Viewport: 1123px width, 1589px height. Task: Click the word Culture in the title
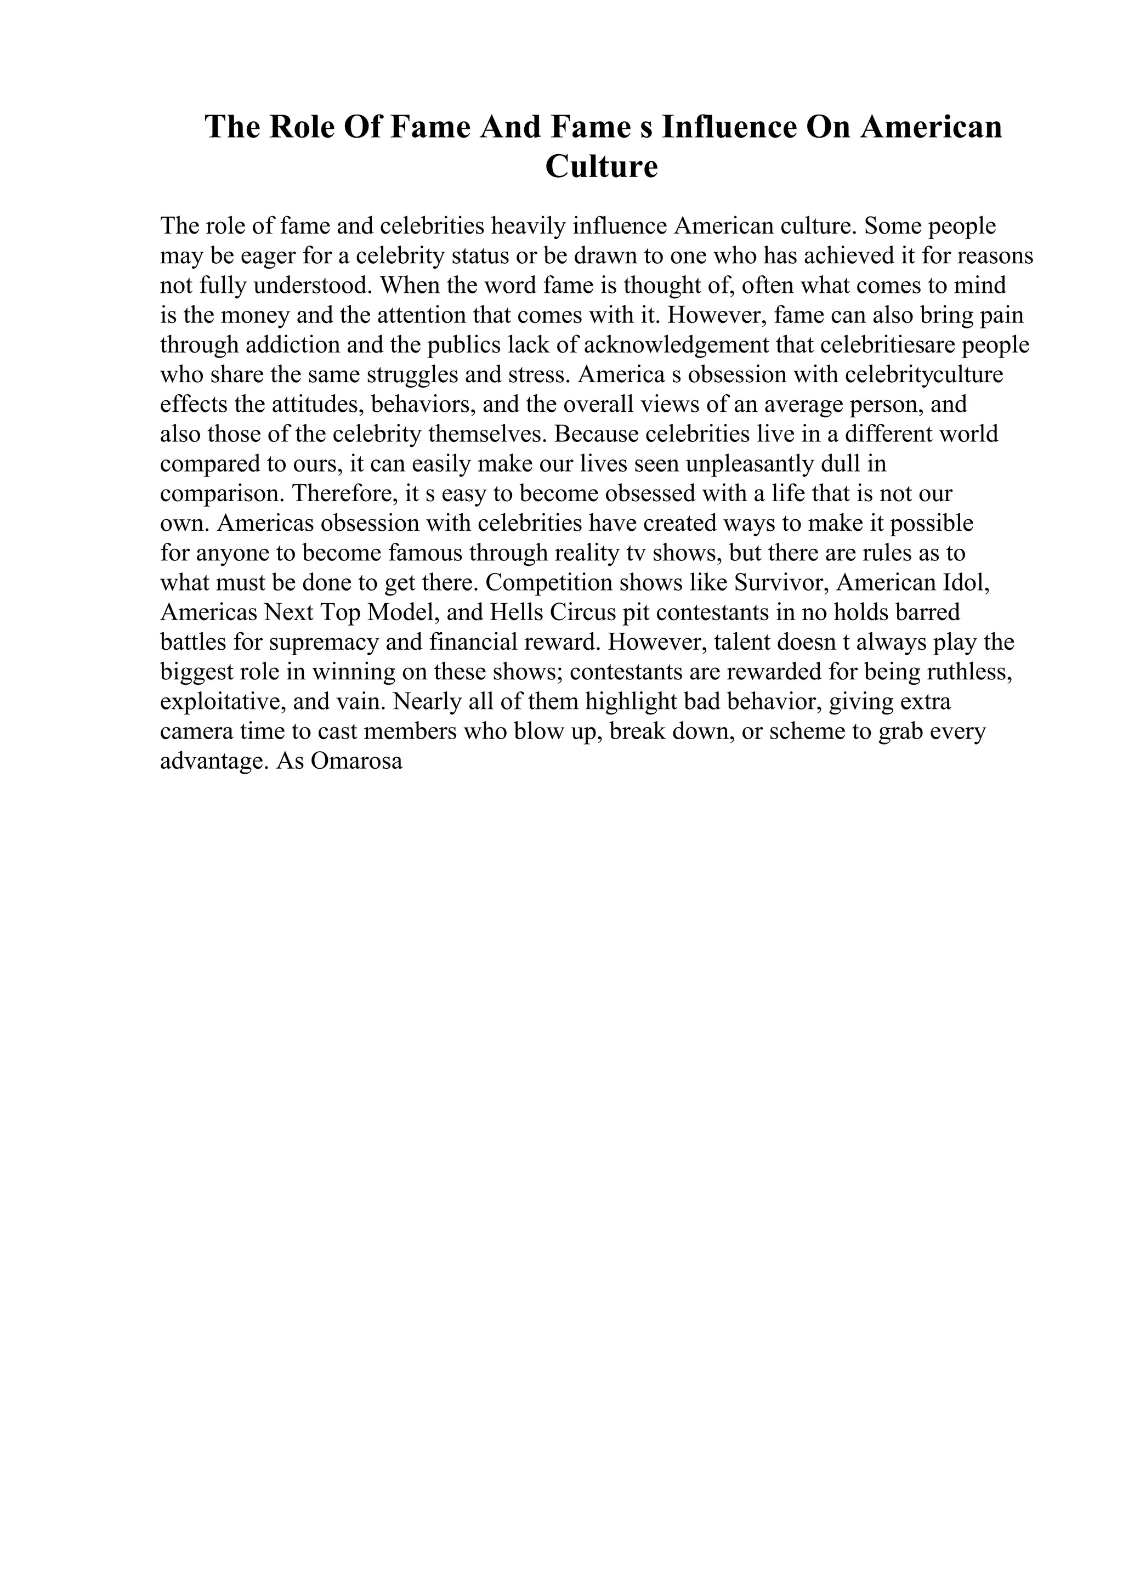point(602,167)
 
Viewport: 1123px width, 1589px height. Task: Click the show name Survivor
point(781,583)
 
